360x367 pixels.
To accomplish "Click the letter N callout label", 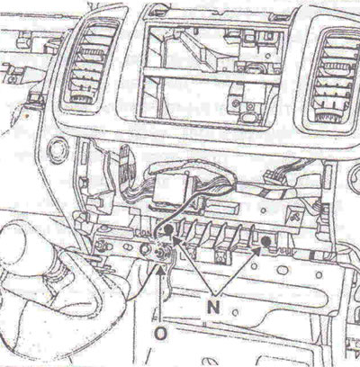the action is pyautogui.click(x=213, y=307).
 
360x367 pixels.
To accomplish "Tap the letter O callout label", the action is pyautogui.click(x=161, y=333).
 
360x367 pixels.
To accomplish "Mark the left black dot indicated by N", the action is pyautogui.click(x=168, y=230).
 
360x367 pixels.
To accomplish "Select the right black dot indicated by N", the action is pyautogui.click(x=265, y=241).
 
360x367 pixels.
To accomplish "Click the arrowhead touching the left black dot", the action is pyautogui.click(x=177, y=241).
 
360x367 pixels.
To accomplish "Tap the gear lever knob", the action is pyautogui.click(x=13, y=241).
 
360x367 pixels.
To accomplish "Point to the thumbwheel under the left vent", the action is pyautogui.click(x=83, y=98).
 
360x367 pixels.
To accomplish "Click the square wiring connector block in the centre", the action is pyautogui.click(x=167, y=188).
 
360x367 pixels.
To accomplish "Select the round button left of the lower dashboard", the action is pyautogui.click(x=58, y=150).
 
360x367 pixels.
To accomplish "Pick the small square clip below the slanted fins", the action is pyautogui.click(x=221, y=255).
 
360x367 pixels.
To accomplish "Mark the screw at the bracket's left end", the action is pyautogui.click(x=102, y=245).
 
